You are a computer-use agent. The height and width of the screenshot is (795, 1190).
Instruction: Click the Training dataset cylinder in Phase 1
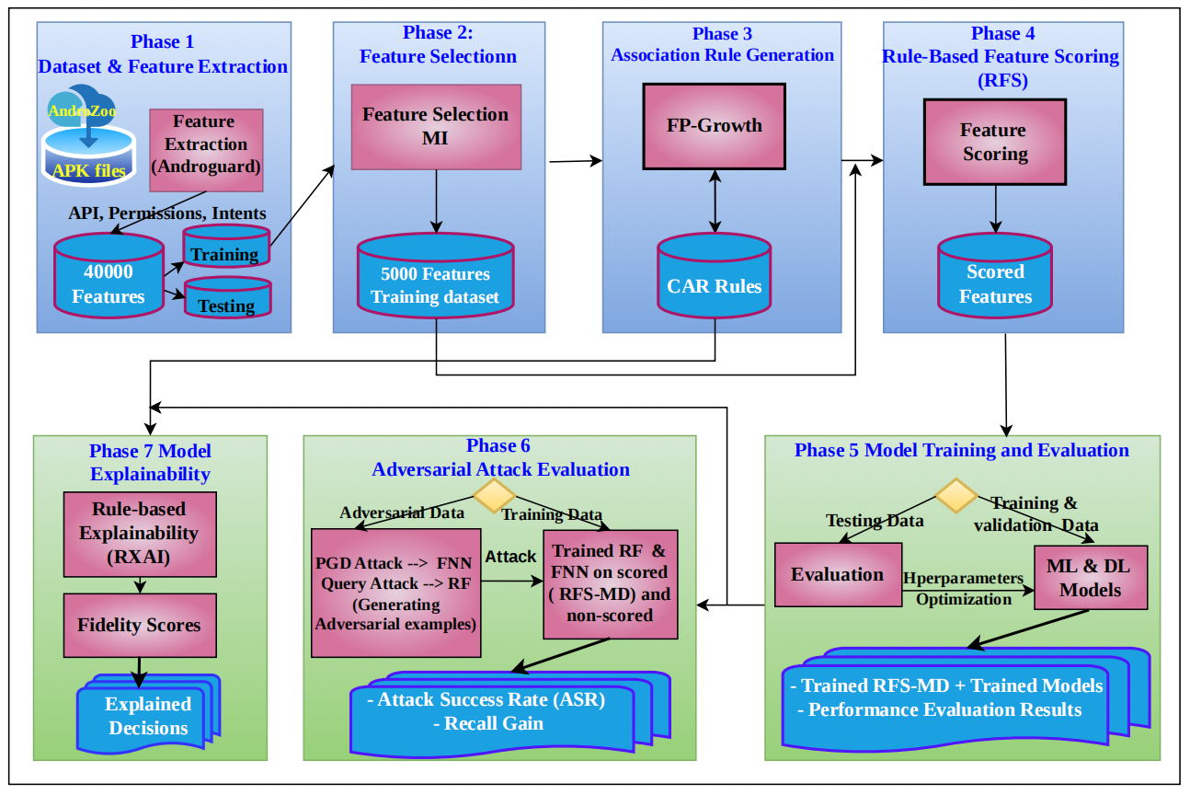(x=226, y=246)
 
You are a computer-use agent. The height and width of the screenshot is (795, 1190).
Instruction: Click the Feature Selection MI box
(x=436, y=126)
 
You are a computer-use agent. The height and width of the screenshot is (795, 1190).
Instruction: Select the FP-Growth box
(x=714, y=126)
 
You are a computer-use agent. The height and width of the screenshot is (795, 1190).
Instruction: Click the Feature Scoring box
(x=994, y=143)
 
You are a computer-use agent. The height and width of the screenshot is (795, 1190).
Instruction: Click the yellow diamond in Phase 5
(x=956, y=496)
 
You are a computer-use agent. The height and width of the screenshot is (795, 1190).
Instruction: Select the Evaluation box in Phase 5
(x=837, y=575)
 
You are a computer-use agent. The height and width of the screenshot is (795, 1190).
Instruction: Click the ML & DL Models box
(x=1090, y=577)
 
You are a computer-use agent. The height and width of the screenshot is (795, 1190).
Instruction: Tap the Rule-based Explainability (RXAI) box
(x=139, y=533)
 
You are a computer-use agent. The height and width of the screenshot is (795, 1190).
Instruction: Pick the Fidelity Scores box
(x=139, y=625)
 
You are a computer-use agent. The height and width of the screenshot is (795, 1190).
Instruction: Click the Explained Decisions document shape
(x=147, y=716)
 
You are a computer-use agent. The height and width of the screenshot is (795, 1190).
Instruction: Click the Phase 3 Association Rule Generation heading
(x=722, y=44)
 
